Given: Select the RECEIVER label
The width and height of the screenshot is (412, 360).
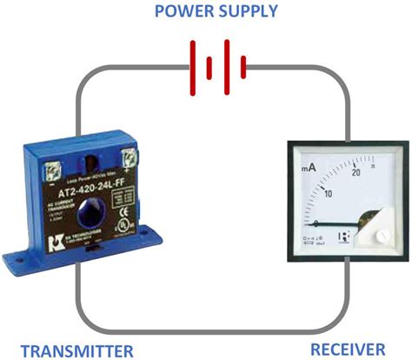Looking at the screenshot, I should tap(347, 350).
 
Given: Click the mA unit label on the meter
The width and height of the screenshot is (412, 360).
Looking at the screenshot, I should tap(309, 167).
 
